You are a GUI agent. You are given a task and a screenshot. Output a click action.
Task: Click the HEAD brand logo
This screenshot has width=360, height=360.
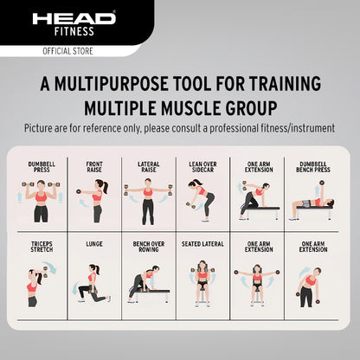(74, 17)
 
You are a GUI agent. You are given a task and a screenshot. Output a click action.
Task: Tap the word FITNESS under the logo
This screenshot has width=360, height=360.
(74, 32)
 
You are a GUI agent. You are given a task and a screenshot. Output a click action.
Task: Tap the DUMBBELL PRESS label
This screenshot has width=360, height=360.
(40, 167)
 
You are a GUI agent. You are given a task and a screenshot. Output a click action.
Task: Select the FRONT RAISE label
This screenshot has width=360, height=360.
(94, 167)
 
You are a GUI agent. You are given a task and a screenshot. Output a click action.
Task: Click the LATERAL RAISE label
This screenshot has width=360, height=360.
(148, 167)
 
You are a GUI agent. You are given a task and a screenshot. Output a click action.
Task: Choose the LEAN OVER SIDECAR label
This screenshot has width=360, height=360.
(202, 167)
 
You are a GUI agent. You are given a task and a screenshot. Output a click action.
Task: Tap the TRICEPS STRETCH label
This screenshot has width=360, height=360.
(40, 247)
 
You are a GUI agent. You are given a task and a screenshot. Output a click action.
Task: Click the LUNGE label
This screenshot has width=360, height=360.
(94, 244)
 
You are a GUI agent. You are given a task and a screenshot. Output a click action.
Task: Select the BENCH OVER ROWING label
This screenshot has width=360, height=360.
(148, 247)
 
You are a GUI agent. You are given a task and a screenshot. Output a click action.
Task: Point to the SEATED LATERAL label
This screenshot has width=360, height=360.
(202, 244)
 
